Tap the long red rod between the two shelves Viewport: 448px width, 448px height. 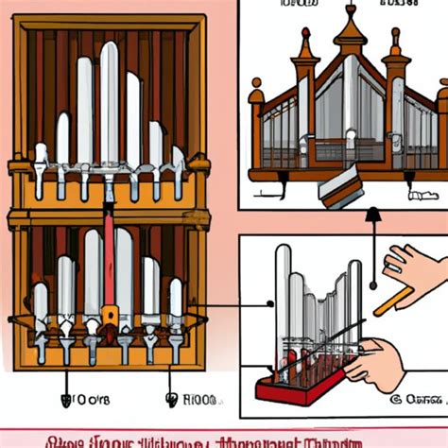(x=109, y=260)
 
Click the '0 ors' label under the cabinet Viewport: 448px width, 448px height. (x=85, y=399)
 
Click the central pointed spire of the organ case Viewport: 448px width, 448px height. (x=351, y=28)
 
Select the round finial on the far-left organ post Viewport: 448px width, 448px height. (x=256, y=95)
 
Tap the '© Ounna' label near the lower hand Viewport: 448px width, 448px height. (x=421, y=399)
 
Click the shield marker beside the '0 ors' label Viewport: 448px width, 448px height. (x=65, y=399)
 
